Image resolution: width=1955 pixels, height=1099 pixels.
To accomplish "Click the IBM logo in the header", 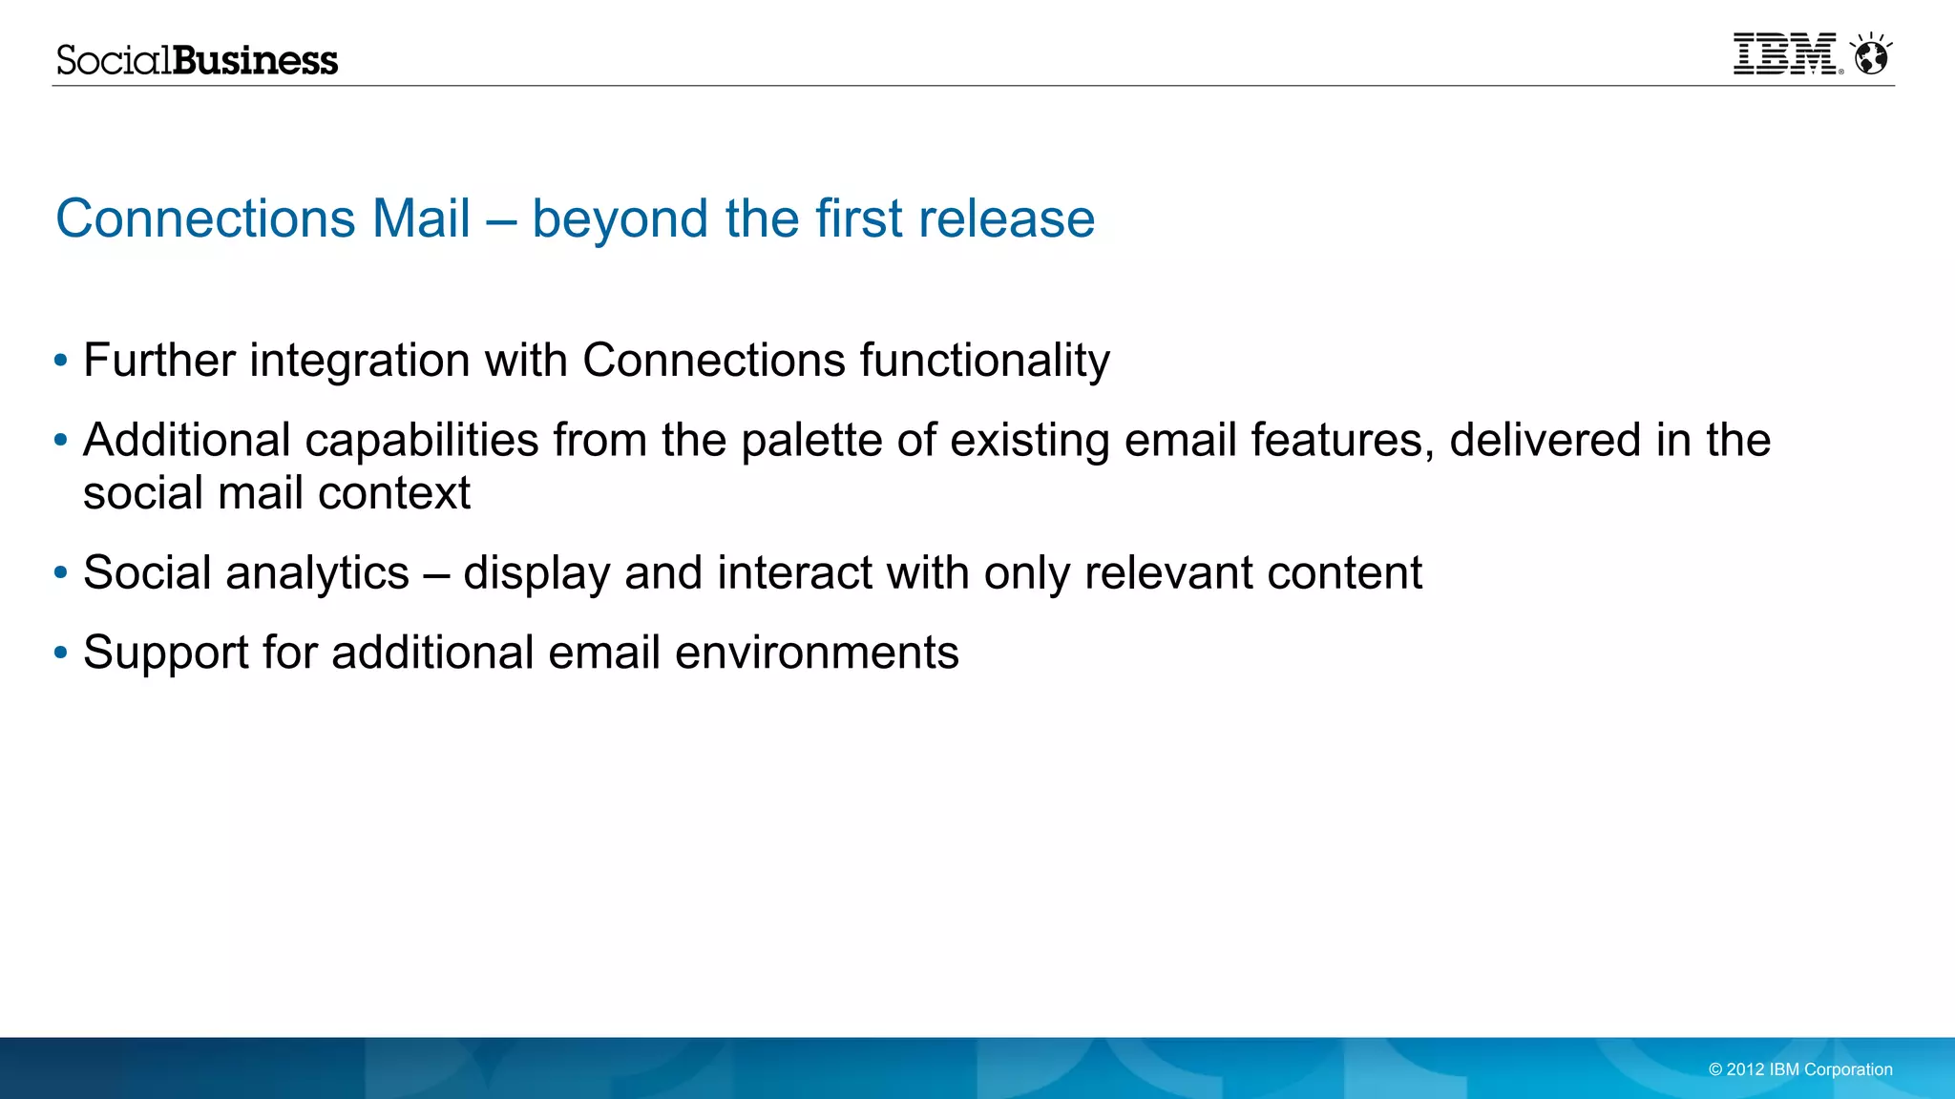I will (x=1785, y=54).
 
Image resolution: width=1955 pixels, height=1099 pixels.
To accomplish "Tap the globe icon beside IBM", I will (x=1871, y=55).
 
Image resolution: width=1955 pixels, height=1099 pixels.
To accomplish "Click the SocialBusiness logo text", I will (x=197, y=60).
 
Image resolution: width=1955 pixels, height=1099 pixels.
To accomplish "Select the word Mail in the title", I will (x=421, y=218).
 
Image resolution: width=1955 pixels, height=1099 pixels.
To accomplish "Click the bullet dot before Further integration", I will (x=61, y=361).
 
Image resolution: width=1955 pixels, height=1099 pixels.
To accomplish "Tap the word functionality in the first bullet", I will (x=984, y=361).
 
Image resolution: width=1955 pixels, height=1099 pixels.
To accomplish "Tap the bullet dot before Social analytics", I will (x=61, y=573).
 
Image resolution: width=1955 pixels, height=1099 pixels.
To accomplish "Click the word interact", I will (x=794, y=573).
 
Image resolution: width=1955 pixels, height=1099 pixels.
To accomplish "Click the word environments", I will (x=816, y=653).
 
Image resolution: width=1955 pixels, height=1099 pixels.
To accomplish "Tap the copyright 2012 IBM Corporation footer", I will (x=1800, y=1069).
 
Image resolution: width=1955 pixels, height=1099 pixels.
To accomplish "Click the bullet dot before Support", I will (x=61, y=653).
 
